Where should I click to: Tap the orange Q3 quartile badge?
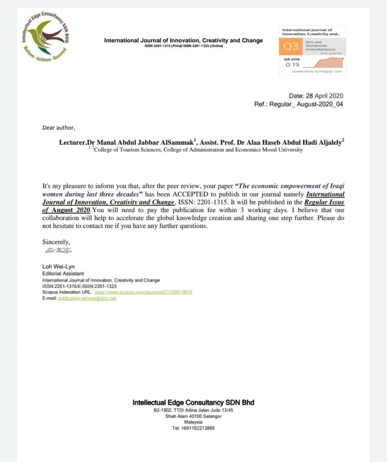289,46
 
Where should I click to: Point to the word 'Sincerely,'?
56,242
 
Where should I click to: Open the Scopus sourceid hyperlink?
143,292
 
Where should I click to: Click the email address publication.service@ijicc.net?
87,298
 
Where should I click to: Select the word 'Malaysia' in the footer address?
193,423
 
